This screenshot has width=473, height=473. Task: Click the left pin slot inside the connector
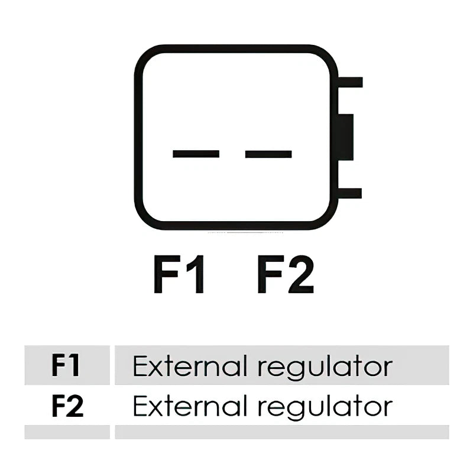(x=196, y=154)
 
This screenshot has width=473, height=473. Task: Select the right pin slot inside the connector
(x=268, y=154)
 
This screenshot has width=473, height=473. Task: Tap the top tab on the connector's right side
(x=350, y=82)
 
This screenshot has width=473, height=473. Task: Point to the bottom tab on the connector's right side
(x=350, y=193)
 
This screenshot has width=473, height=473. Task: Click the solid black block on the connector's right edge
(x=346, y=137)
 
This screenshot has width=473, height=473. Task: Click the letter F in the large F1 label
(x=167, y=274)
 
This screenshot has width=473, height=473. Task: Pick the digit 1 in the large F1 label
(x=196, y=274)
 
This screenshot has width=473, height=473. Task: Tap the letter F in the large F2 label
(x=271, y=274)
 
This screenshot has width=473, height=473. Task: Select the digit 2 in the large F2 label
(x=302, y=274)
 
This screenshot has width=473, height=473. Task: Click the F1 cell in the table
(x=67, y=365)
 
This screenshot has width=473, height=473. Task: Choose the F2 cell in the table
(x=67, y=406)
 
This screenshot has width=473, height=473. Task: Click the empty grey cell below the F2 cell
(x=67, y=432)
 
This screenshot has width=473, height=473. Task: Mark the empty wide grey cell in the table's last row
(x=282, y=432)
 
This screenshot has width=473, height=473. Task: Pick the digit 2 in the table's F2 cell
(x=74, y=406)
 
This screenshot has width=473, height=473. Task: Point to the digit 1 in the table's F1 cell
(x=74, y=365)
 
